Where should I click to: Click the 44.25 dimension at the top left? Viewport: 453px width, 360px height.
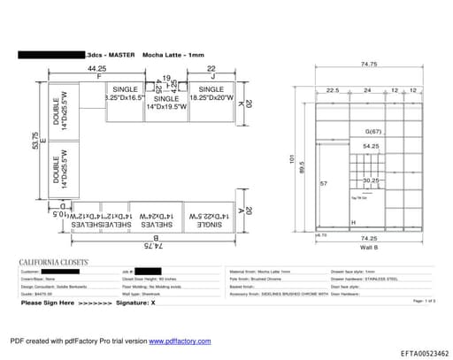96,68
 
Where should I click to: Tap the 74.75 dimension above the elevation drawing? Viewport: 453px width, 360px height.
370,65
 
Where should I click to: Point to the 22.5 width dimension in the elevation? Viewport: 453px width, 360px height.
332,90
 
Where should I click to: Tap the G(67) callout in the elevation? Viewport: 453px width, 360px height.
371,131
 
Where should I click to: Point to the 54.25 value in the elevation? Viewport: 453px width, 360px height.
371,146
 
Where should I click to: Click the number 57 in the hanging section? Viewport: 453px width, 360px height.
324,183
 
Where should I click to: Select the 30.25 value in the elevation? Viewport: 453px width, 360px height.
372,180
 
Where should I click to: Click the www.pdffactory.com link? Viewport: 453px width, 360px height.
180,341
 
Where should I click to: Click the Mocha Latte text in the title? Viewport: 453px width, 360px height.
162,55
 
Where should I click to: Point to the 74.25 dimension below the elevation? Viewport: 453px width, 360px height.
371,238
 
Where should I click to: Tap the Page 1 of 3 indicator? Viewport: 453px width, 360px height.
425,302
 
